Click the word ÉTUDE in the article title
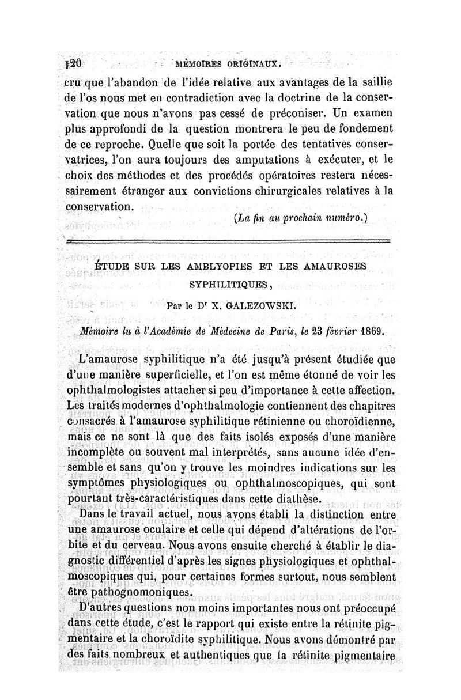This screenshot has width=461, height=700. [x=113, y=267]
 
